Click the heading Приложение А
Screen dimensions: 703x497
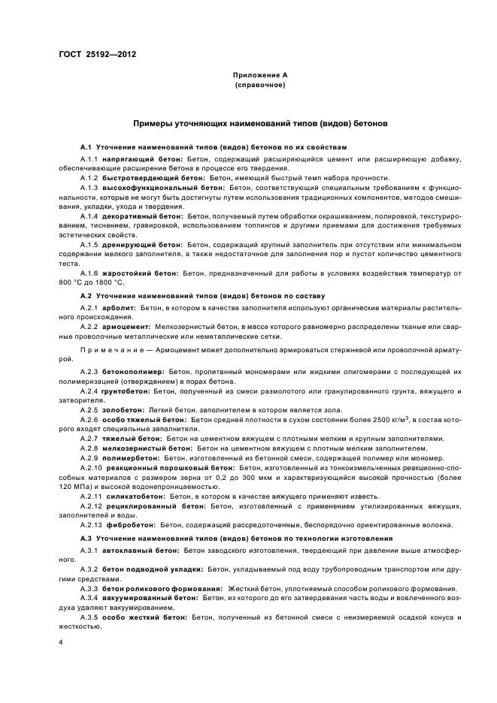coord(260,76)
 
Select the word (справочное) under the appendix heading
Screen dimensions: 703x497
coord(260,85)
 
